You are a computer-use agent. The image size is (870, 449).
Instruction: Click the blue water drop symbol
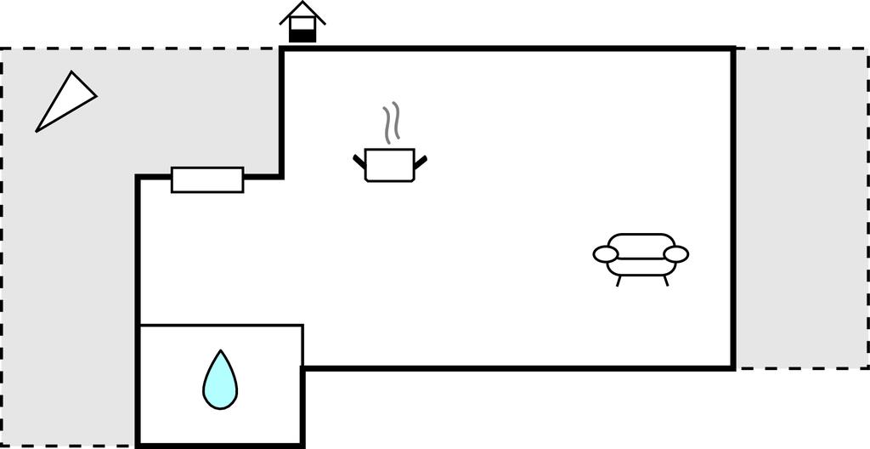click(x=220, y=383)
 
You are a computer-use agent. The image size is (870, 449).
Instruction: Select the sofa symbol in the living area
click(x=641, y=256)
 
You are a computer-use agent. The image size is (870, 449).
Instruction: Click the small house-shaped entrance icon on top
click(x=302, y=23)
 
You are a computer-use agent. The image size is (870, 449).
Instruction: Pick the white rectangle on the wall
click(x=207, y=179)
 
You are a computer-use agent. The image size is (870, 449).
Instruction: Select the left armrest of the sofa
click(x=606, y=254)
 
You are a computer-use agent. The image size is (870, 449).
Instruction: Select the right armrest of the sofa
click(x=676, y=254)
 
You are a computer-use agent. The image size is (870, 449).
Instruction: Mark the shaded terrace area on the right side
click(x=801, y=208)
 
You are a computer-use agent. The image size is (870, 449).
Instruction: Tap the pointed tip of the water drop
click(x=221, y=353)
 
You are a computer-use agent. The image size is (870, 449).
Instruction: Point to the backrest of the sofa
click(x=641, y=241)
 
